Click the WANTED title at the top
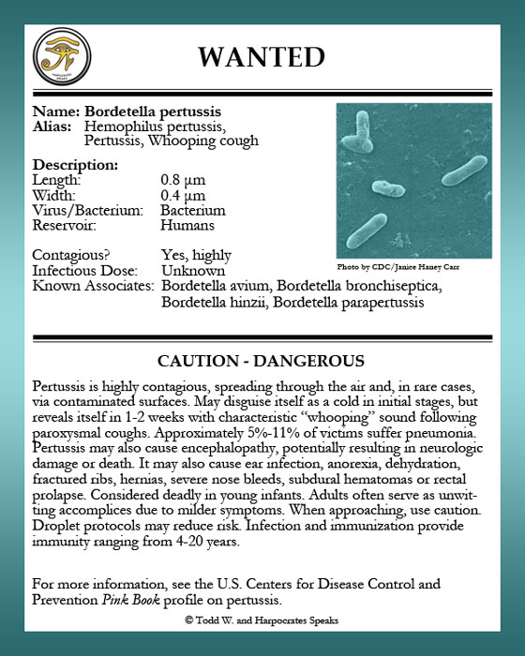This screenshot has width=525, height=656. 261,56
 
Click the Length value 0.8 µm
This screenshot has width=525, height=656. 183,180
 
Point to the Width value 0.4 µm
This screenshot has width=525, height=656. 183,195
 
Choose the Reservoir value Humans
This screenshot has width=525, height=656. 187,225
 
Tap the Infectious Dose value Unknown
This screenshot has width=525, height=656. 192,270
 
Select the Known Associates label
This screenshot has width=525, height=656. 93,285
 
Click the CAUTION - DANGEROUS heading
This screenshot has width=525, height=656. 261,361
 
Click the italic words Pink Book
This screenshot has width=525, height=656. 129,599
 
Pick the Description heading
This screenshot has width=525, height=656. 75,165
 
